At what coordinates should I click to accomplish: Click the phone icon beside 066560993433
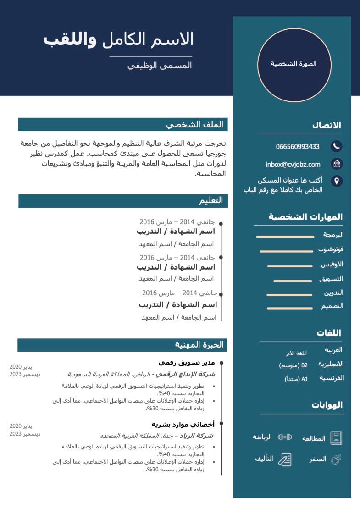(336, 146)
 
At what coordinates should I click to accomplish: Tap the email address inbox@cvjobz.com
(293, 164)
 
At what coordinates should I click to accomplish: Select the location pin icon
(336, 181)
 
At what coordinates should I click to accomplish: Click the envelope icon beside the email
(336, 164)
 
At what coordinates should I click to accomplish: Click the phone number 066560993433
(298, 147)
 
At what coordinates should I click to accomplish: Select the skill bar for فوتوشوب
(286, 251)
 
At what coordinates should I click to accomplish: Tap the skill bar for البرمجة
(285, 237)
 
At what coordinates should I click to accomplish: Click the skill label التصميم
(332, 306)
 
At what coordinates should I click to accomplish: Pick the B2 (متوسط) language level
(293, 365)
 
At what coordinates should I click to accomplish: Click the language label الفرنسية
(332, 378)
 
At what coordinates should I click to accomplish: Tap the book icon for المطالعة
(337, 438)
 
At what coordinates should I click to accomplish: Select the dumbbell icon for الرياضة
(285, 437)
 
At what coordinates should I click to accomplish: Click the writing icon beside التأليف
(285, 459)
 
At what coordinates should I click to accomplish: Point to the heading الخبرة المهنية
(199, 345)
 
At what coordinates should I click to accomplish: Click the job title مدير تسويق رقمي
(187, 363)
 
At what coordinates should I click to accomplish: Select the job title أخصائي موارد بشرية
(183, 424)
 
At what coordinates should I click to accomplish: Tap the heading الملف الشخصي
(194, 124)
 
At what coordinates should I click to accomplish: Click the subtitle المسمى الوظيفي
(160, 66)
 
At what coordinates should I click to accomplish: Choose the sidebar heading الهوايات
(327, 405)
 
